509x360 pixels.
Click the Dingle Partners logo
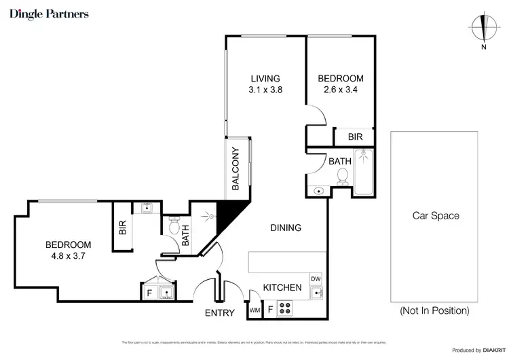pyautogui.click(x=49, y=14)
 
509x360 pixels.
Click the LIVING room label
pyautogui.click(x=263, y=78)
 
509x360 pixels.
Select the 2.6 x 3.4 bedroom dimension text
pyautogui.click(x=341, y=90)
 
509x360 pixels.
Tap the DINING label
pyautogui.click(x=285, y=228)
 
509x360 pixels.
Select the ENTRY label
pyautogui.click(x=219, y=313)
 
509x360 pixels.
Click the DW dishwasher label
pyautogui.click(x=315, y=279)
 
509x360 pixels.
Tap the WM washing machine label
pyautogui.click(x=254, y=310)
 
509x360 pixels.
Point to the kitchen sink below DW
pyautogui.click(x=316, y=294)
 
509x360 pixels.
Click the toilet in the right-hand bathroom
pyautogui.click(x=343, y=176)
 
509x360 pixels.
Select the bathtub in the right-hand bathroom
pyautogui.click(x=365, y=172)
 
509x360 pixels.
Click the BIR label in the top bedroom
pyautogui.click(x=355, y=137)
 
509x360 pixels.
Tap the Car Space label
pyautogui.click(x=436, y=216)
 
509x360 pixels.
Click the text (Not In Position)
pyautogui.click(x=434, y=311)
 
